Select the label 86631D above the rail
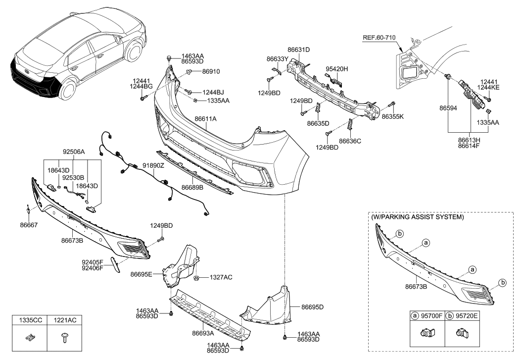(298, 50)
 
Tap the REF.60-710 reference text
(380, 37)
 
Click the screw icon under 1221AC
(64, 339)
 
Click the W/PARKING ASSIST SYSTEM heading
(417, 217)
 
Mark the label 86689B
(192, 188)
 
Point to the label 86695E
(142, 274)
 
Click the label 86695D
(313, 307)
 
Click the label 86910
(210, 71)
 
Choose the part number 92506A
(74, 153)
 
